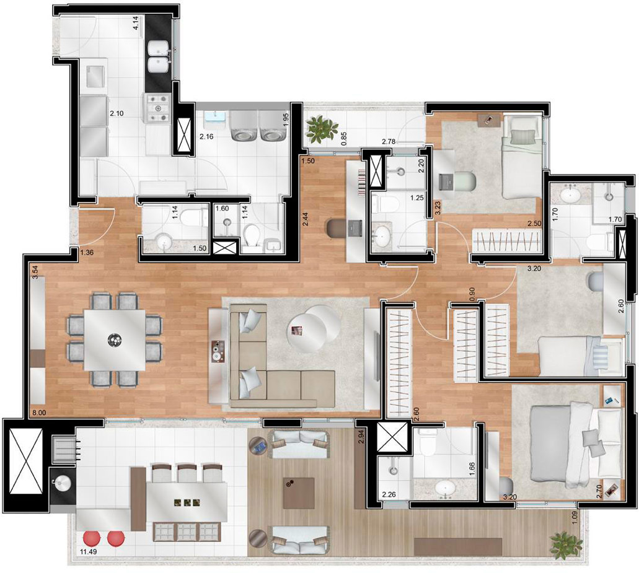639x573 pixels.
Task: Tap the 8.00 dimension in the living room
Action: pyautogui.click(x=38, y=411)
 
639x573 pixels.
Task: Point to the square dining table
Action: pyautogui.click(x=115, y=339)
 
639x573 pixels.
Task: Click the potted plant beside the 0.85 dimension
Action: pyautogui.click(x=321, y=128)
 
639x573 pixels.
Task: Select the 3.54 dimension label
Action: pyautogui.click(x=35, y=272)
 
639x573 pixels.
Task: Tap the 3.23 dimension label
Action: pyautogui.click(x=438, y=207)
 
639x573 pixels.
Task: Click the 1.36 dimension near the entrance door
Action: pyautogui.click(x=87, y=253)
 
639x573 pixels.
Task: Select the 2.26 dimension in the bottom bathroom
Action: pyautogui.click(x=389, y=494)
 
